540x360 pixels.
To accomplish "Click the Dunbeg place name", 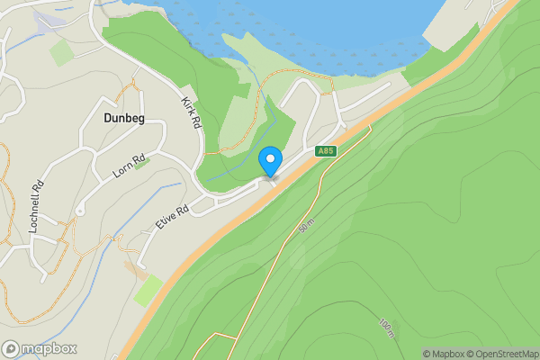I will [118, 116].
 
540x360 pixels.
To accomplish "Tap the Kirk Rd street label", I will [191, 112].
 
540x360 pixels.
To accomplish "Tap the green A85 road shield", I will [326, 151].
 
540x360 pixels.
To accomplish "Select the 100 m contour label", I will [387, 328].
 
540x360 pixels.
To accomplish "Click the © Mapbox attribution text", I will [444, 354].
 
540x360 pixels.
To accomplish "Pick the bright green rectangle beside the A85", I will [148, 291].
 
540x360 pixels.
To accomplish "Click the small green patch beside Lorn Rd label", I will [141, 163].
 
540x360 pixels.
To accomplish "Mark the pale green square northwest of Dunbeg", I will [61, 52].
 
